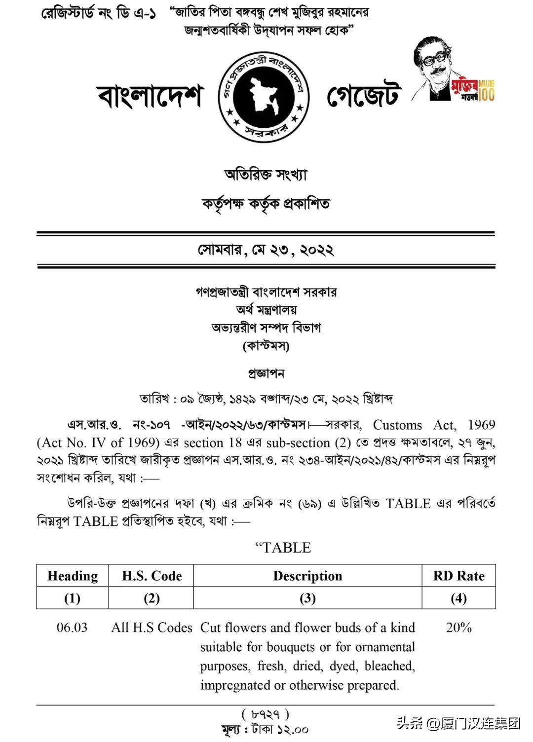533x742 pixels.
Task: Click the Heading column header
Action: (73, 576)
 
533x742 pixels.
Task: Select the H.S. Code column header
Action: (152, 576)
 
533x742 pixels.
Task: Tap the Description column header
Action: (307, 576)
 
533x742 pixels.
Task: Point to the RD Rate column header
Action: (458, 576)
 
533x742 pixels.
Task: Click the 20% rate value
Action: (458, 628)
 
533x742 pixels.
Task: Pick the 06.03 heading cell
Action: (72, 628)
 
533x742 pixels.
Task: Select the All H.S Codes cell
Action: (152, 628)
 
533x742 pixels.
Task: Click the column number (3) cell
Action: (307, 598)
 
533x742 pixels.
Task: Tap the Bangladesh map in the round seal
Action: (264, 96)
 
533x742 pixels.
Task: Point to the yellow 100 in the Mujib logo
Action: (486, 94)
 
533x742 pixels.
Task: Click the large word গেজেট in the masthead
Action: (363, 95)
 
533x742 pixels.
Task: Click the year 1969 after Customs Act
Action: (481, 425)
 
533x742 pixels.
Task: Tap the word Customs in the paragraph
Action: (397, 425)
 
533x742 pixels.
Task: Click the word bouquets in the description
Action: (293, 647)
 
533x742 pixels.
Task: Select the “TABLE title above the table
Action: (283, 548)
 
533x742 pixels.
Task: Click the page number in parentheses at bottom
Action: (266, 714)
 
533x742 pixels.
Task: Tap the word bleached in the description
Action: (389, 666)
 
